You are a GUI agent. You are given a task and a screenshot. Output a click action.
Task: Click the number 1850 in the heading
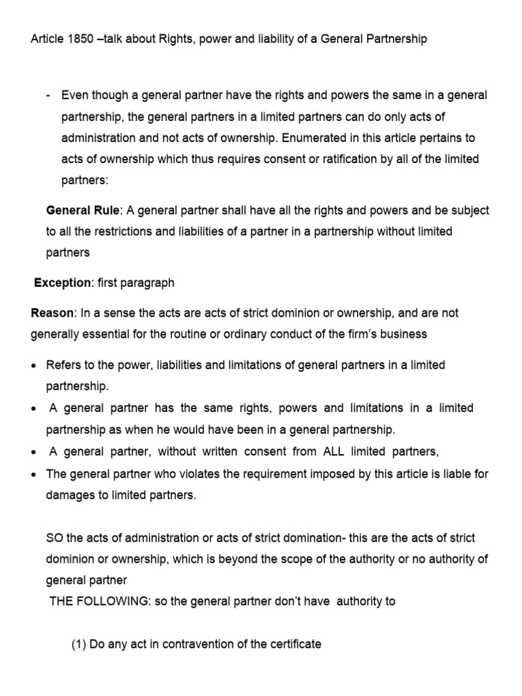pyautogui.click(x=78, y=39)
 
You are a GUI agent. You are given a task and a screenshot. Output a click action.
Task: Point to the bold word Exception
pyautogui.click(x=63, y=282)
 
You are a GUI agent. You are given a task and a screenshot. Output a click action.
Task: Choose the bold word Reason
pyautogui.click(x=53, y=313)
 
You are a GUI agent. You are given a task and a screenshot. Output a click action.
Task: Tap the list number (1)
pyautogui.click(x=79, y=644)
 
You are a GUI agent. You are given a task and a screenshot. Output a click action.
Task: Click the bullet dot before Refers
pyautogui.click(x=34, y=366)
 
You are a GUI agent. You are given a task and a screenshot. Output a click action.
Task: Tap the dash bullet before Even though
pyautogui.click(x=49, y=95)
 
